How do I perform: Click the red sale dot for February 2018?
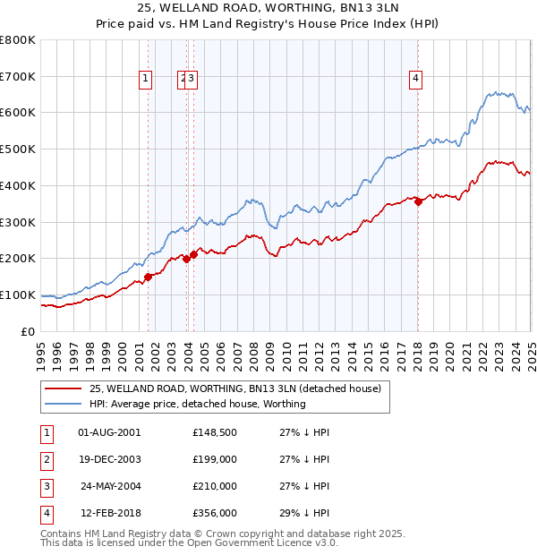(x=418, y=201)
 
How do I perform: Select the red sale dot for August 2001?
(x=149, y=277)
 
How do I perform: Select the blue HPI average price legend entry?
(x=197, y=404)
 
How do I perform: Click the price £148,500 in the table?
(x=214, y=432)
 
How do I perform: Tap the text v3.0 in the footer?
(x=323, y=542)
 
